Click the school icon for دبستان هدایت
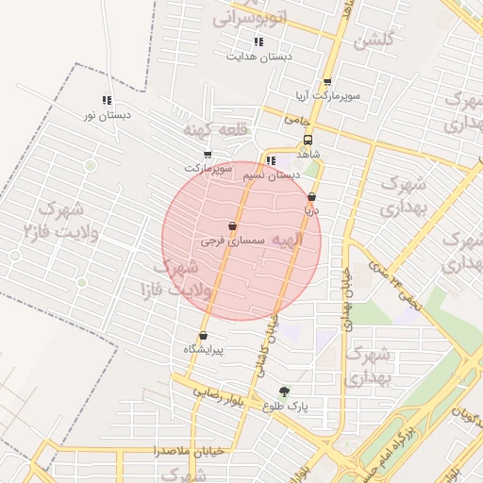tap(258, 42)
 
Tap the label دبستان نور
tap(107, 115)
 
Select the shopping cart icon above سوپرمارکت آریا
tap(327, 82)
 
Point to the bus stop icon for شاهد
tap(308, 138)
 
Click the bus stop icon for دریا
tap(311, 197)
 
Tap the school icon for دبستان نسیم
tap(271, 160)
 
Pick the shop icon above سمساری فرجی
tap(232, 226)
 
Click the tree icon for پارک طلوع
tap(284, 391)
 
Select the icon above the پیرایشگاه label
tap(203, 336)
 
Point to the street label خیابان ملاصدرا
tap(191, 451)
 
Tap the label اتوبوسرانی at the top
tap(247, 18)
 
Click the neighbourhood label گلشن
tap(373, 42)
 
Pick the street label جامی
tap(297, 121)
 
